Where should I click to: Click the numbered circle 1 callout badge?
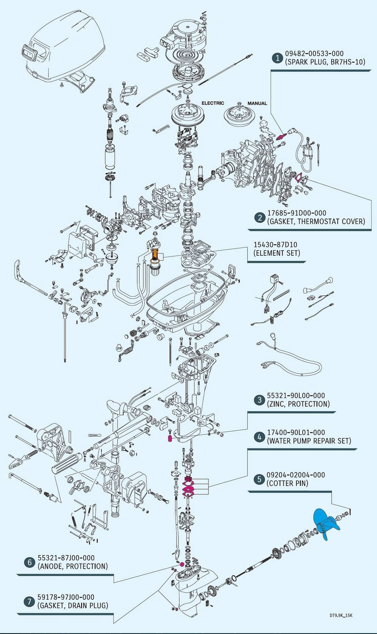point(277,58)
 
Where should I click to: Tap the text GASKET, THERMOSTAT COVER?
point(316,221)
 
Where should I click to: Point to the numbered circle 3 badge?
point(259,400)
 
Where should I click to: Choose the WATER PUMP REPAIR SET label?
point(309,441)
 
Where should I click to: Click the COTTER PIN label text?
point(287,483)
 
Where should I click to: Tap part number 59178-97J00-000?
point(66,597)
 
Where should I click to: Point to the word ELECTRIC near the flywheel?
point(213,103)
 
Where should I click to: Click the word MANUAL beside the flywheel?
point(257,103)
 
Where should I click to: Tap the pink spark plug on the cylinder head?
point(280,137)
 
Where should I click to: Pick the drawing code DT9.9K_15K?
point(341,616)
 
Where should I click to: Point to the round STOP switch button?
point(120,347)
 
